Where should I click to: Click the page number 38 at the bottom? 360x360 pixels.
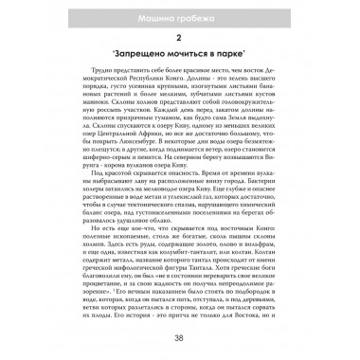180,339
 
